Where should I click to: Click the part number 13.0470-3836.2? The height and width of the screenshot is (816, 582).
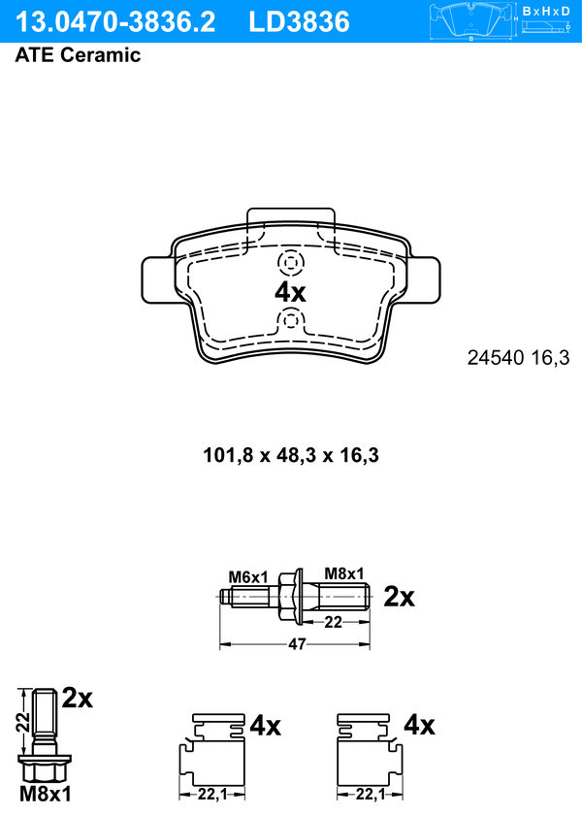pos(115,22)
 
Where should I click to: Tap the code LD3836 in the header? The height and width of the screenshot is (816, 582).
pos(299,22)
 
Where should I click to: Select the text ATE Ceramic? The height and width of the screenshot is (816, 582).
pos(78,55)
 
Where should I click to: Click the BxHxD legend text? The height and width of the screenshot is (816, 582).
pos(546,11)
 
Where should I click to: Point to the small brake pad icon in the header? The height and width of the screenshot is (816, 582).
pos(470,22)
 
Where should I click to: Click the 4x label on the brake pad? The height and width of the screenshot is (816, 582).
pos(290,292)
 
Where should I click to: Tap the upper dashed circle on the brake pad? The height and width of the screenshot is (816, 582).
pos(291,263)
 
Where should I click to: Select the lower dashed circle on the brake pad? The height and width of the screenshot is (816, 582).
pos(291,320)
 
